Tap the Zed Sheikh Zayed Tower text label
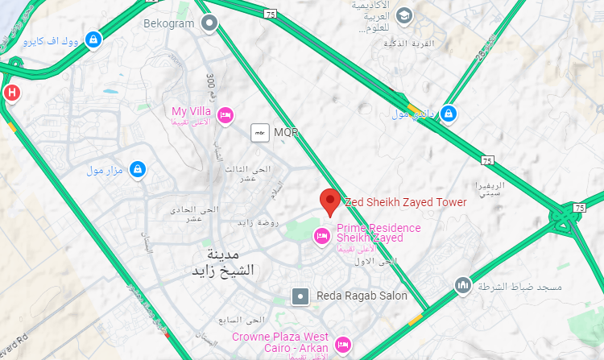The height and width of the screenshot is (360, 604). [x=405, y=202]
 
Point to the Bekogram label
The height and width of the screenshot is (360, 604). [x=169, y=23]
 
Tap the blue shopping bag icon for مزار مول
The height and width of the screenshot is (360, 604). [x=139, y=170]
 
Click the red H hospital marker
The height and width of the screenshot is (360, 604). [x=11, y=92]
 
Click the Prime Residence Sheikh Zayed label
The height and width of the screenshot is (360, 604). [x=379, y=233]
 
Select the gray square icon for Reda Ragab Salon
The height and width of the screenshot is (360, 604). [x=300, y=296]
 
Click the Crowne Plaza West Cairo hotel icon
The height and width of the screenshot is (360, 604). [x=341, y=344]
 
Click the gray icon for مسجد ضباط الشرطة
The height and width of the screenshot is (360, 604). [x=462, y=286]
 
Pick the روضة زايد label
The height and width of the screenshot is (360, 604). [x=257, y=221]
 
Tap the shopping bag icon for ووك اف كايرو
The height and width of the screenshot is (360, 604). [x=93, y=38]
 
